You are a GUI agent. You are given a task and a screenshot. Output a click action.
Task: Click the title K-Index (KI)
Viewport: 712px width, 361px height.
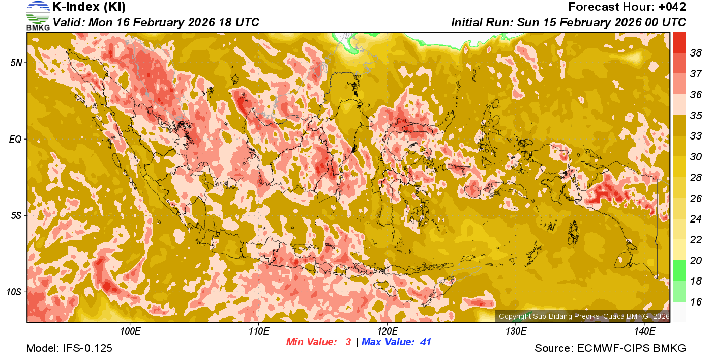click(89, 7)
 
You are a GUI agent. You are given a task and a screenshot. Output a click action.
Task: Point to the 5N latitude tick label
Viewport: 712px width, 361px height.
click(16, 63)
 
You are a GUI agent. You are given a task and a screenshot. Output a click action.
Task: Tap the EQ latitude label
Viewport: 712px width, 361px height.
click(16, 139)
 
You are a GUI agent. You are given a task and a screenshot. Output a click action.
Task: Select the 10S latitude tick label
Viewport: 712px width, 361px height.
click(14, 292)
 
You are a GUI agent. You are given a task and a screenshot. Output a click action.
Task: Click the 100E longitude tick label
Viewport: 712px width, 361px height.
click(130, 331)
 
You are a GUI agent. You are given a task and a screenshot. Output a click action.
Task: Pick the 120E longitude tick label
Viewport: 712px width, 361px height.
click(387, 331)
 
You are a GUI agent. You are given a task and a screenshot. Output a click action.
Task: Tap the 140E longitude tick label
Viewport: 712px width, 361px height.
click(645, 331)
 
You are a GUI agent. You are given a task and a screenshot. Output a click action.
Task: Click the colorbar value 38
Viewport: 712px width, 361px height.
click(696, 52)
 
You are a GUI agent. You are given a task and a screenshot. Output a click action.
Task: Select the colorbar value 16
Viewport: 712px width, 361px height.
click(696, 302)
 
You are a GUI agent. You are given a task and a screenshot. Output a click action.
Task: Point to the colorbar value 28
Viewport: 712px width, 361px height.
click(696, 178)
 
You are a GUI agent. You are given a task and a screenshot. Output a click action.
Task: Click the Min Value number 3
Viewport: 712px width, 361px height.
click(348, 342)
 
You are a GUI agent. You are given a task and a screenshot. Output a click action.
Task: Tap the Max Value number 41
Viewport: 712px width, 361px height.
click(425, 342)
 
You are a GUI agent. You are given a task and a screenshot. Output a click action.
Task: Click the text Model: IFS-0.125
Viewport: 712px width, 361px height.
click(69, 348)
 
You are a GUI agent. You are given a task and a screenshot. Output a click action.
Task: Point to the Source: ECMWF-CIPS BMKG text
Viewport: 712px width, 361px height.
click(610, 348)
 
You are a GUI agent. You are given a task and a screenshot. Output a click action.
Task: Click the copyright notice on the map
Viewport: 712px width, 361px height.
click(584, 316)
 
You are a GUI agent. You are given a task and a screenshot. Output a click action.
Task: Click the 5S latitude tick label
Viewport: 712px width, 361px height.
click(16, 216)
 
